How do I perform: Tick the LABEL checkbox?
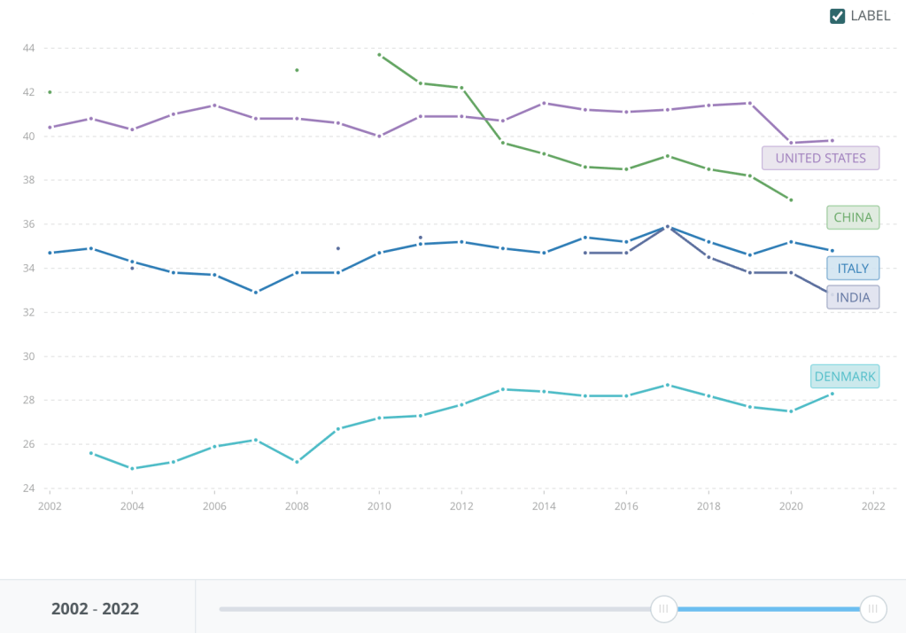coord(837,16)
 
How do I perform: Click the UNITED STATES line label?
coord(820,158)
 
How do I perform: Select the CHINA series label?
coord(853,217)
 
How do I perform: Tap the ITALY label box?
coord(853,269)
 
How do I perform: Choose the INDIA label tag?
coord(853,298)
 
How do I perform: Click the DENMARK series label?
coord(845,377)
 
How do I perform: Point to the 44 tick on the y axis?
coord(28,48)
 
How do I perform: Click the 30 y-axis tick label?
coord(28,356)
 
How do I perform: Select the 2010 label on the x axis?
coord(379,505)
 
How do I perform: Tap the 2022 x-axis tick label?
coord(873,505)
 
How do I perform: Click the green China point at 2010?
coord(379,55)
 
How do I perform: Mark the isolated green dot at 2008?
coord(297,70)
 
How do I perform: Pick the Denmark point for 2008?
coord(297,462)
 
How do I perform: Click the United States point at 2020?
coord(791,143)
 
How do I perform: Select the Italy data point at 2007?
coord(256,292)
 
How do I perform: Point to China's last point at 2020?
coord(791,199)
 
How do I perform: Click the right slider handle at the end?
coord(873,609)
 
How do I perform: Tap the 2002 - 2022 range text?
coord(96,609)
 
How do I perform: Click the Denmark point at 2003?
coord(91,453)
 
